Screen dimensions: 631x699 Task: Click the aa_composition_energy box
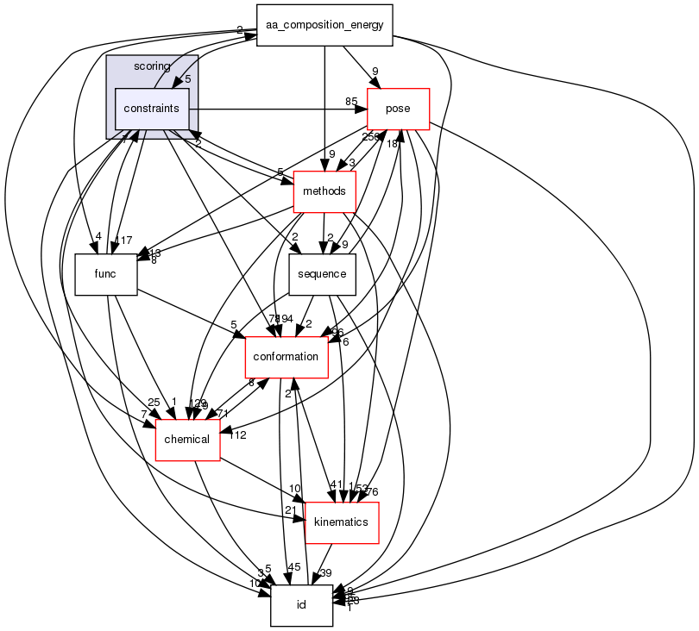pos(324,25)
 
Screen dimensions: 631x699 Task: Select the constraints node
pos(151,109)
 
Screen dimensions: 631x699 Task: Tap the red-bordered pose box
pos(398,109)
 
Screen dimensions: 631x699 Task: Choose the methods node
pos(324,191)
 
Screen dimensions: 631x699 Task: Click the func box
pos(105,274)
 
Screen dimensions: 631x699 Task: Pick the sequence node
pos(322,274)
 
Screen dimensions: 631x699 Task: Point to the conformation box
pos(287,357)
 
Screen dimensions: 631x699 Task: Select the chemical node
pos(186,440)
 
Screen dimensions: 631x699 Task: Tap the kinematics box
pos(341,522)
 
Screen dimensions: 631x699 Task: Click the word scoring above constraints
pos(152,66)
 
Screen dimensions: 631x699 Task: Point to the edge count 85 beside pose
pos(352,102)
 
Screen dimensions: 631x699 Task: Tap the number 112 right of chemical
pos(237,435)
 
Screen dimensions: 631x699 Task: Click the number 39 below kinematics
pos(326,573)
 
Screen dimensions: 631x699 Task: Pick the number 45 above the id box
pos(293,567)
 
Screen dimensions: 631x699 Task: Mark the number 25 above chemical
pos(154,403)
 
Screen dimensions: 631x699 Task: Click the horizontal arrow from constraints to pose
pos(276,110)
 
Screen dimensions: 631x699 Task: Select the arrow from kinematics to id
pos(320,565)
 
